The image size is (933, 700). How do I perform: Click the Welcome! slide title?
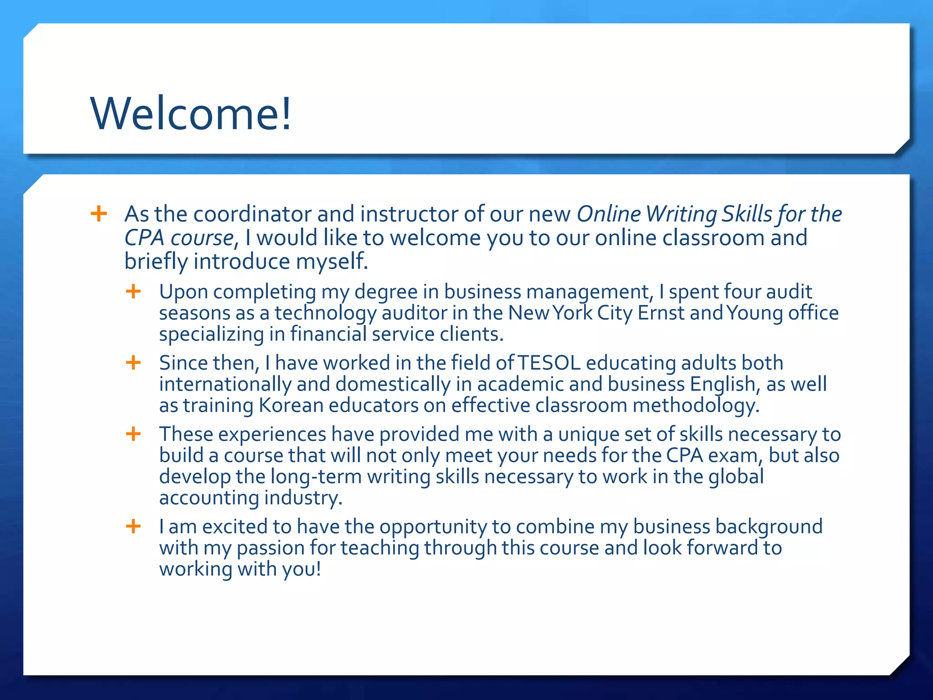click(191, 113)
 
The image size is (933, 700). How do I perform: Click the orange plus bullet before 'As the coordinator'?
click(99, 213)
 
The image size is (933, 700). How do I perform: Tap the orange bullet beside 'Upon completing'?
click(133, 291)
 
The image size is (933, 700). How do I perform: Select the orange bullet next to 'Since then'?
click(133, 363)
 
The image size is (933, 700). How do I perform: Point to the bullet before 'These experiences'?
click(133, 434)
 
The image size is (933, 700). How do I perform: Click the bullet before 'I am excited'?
click(133, 526)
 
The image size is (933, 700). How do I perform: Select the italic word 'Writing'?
click(682, 214)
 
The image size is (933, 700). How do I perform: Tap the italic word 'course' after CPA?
click(202, 238)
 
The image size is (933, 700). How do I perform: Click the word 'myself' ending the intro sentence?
click(332, 262)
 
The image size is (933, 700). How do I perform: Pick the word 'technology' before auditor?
click(325, 314)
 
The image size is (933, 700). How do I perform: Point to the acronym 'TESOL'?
click(549, 363)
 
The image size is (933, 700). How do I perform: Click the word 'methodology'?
click(696, 406)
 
